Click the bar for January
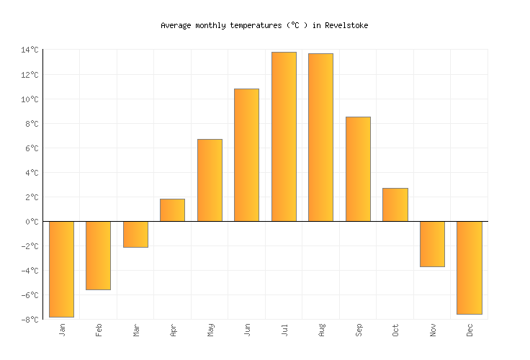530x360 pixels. click(61, 269)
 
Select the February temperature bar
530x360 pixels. click(98, 255)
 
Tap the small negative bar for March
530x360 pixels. click(135, 234)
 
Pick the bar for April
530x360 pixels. click(172, 210)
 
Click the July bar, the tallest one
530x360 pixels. click(284, 137)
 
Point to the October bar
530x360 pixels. click(395, 204)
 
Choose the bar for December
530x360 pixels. click(469, 268)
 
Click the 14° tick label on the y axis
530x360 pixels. click(30, 50)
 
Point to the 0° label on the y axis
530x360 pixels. click(32, 222)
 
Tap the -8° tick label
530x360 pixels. click(30, 320)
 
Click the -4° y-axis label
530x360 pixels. click(30, 271)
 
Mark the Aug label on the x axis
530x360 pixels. click(321, 330)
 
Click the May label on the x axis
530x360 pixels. click(210, 330)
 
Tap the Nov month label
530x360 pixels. click(433, 330)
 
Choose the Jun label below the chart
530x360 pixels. click(247, 330)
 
